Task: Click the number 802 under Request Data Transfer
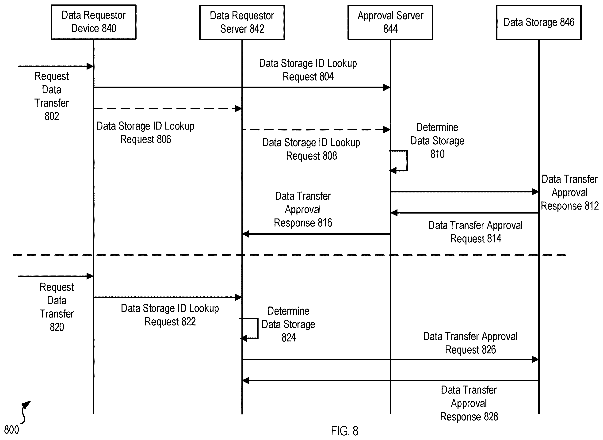[52, 116]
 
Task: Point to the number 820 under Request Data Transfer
[57, 327]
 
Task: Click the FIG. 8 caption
[344, 431]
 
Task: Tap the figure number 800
[11, 430]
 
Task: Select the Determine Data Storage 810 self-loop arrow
[407, 161]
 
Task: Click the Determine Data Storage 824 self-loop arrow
[257, 328]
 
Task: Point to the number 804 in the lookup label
[326, 77]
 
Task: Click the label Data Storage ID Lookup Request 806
[145, 133]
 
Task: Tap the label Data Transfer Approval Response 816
[303, 209]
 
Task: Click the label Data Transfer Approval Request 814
[475, 232]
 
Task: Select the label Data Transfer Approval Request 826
[470, 343]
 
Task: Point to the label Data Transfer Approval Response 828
[469, 403]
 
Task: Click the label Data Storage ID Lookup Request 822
[170, 315]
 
